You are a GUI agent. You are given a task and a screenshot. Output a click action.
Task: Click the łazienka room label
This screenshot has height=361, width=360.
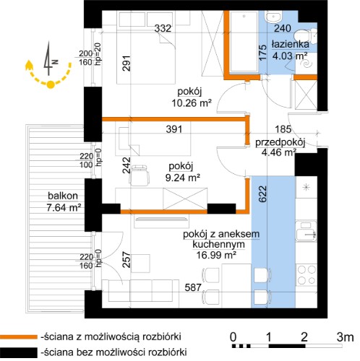[291, 44]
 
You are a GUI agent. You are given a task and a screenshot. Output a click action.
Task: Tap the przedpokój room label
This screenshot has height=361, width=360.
[280, 142]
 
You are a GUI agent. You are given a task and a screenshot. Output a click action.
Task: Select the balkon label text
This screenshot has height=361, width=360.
[63, 196]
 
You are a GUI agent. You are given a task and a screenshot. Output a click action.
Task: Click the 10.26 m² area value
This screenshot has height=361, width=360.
[192, 103]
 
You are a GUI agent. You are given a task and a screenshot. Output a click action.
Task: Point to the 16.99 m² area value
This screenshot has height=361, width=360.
[216, 255]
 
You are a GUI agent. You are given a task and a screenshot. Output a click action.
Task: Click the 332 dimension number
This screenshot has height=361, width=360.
[163, 28]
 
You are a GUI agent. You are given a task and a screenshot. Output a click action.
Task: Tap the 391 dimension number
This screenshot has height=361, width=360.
[174, 129]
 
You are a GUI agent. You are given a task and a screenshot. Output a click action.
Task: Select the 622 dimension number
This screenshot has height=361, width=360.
[263, 193]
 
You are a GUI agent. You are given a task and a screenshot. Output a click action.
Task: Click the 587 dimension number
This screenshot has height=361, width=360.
[193, 287]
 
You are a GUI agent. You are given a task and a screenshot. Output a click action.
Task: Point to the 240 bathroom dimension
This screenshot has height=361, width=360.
[283, 28]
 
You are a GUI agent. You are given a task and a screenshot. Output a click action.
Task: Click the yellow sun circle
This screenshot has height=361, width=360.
[51, 84]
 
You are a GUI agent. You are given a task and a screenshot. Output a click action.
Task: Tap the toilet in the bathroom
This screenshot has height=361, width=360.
[307, 35]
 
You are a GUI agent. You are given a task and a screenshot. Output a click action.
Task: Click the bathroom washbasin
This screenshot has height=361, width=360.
[273, 17]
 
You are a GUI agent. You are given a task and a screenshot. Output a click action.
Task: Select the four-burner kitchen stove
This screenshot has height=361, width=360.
[306, 274]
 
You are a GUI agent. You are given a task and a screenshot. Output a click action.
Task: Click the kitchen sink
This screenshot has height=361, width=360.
[307, 231]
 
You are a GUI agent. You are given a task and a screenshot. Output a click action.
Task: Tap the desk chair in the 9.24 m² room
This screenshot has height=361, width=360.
[139, 175]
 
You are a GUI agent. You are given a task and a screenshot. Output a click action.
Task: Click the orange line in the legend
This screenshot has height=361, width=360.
[19, 336]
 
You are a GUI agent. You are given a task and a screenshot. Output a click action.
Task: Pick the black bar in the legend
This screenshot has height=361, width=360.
[19, 352]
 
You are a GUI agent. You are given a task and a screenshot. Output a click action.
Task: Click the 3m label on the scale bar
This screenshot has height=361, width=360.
[345, 337]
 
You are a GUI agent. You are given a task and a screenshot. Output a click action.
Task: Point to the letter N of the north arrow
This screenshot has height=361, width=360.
[56, 62]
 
